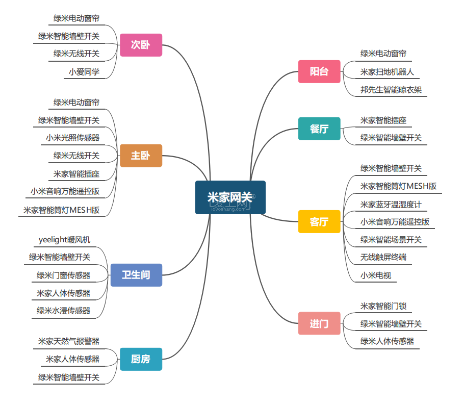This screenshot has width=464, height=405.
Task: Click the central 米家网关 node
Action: point(230,197)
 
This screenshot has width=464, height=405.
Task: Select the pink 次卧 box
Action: point(141,45)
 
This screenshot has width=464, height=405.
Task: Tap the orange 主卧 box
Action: point(141,156)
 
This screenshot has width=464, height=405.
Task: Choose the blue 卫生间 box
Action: point(136,275)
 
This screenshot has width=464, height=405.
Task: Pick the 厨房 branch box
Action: point(141,359)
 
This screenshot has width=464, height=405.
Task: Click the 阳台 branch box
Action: point(319,71)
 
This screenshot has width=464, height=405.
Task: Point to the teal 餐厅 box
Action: point(319,129)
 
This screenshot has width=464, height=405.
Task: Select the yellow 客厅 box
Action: point(319,222)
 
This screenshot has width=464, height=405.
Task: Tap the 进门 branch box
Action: point(319,323)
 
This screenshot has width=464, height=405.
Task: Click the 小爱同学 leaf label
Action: point(84,72)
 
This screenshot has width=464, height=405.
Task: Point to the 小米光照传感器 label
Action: point(72,138)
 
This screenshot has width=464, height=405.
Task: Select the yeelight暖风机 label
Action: point(64,240)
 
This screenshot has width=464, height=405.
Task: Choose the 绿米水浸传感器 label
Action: point(63,310)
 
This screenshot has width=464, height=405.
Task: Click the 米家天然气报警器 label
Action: point(69,341)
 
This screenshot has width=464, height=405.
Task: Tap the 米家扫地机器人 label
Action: point(387,72)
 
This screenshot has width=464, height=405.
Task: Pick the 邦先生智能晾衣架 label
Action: point(391,90)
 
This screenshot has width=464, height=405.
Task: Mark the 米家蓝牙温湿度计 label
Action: point(391,205)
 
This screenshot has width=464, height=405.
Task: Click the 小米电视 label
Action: point(376,275)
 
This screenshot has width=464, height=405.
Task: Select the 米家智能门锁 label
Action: point(383,306)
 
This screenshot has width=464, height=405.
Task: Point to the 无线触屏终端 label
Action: point(383,257)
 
